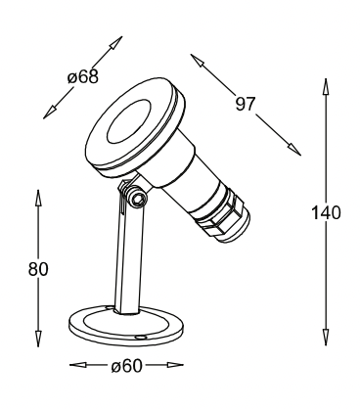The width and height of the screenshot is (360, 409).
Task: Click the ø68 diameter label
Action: (83, 77)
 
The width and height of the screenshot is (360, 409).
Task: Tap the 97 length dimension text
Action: (245, 104)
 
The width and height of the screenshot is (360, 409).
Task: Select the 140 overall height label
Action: (326, 212)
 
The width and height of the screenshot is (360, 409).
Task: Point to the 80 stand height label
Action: (38, 269)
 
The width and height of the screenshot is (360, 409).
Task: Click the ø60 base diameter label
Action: (126, 366)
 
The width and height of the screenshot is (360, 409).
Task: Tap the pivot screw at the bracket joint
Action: (137, 198)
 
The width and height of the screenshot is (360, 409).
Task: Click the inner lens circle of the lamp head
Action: (128, 121)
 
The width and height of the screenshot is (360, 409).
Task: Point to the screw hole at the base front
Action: (140, 337)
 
